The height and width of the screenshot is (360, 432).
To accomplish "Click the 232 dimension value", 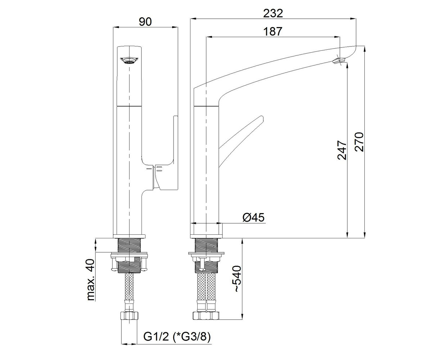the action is [x=273, y=14].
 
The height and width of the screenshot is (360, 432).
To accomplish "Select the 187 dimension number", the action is [x=273, y=31].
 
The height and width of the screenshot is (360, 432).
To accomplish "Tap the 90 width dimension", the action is [x=145, y=22].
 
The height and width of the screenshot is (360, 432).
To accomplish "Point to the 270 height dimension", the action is [x=359, y=142].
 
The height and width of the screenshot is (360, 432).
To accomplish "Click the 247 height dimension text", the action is [x=342, y=150].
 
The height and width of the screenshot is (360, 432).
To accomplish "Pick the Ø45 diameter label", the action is [x=254, y=218].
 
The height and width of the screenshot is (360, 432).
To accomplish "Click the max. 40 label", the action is [x=91, y=280].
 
